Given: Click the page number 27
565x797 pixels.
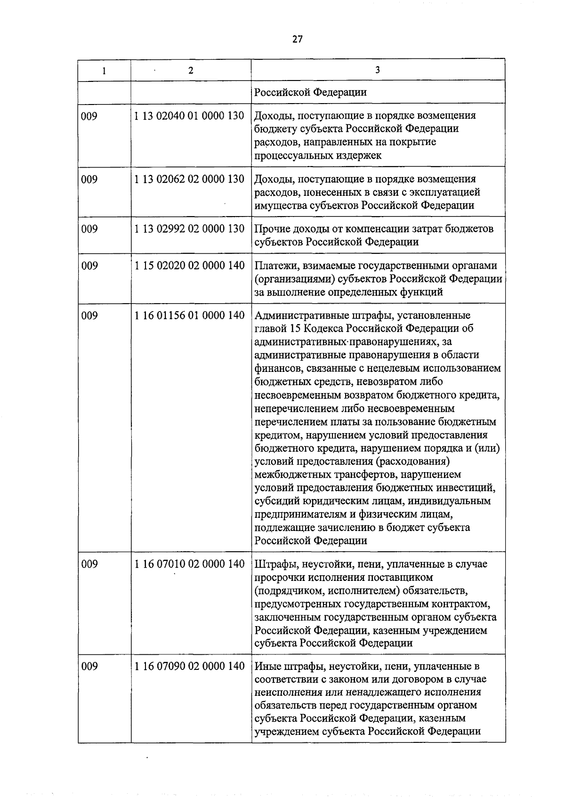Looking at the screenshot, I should (297, 39).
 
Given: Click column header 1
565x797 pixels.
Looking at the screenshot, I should (104, 71).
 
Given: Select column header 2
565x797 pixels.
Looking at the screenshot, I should (190, 71).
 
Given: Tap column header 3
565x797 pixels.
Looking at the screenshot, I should (378, 70).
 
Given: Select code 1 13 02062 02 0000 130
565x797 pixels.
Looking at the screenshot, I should (189, 179).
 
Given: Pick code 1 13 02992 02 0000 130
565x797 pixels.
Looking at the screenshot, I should (189, 229).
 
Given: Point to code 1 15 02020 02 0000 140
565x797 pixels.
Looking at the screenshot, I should (189, 266).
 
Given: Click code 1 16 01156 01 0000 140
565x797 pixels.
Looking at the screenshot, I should (189, 315).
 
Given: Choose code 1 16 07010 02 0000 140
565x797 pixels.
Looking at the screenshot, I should (189, 564).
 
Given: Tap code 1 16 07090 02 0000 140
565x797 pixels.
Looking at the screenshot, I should (189, 667).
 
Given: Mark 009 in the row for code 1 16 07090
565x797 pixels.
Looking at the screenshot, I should (89, 667).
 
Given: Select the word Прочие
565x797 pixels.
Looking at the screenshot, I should (271, 229).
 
